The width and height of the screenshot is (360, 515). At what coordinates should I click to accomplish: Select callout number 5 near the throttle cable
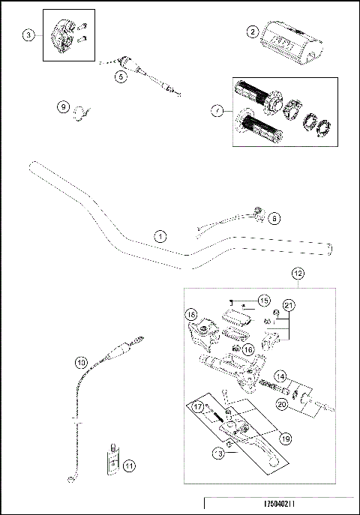click(121, 76)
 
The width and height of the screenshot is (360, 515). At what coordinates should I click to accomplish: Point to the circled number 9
click(63, 107)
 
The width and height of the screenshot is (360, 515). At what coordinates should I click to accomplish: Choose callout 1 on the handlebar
click(160, 235)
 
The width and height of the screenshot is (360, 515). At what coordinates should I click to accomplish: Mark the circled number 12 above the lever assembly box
click(298, 275)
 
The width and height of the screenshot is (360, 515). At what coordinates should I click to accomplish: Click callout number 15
click(262, 301)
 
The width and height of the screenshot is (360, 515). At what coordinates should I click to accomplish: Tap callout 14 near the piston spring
click(279, 376)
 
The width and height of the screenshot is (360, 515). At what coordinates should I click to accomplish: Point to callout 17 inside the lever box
click(198, 407)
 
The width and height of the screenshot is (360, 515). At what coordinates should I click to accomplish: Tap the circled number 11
click(130, 466)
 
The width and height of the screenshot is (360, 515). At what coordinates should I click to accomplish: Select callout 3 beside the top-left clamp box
click(28, 35)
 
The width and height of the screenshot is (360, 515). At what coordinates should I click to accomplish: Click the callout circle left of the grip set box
click(217, 111)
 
